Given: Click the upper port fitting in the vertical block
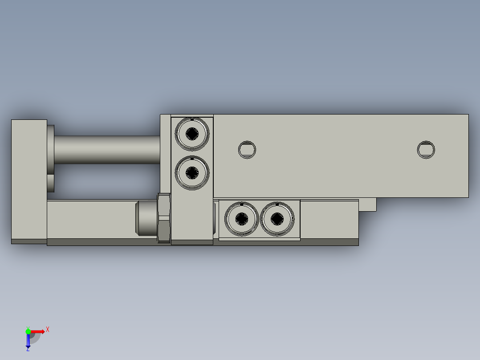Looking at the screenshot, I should [192, 133].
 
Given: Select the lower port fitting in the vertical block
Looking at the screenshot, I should [192, 172].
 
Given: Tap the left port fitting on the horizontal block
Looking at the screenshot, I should [241, 218].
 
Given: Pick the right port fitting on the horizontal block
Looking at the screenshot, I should [277, 218].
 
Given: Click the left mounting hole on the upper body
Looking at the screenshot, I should [247, 150].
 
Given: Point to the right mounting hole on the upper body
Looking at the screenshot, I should [426, 150].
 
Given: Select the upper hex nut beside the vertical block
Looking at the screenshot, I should [164, 205].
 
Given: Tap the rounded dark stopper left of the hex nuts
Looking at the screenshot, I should [146, 218].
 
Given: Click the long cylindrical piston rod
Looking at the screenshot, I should [107, 150].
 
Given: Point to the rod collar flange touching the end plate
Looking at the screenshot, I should [50, 149].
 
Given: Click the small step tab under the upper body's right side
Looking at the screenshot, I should [367, 205].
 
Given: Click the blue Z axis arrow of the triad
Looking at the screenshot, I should [28, 341].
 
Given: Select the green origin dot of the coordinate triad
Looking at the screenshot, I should [28, 331].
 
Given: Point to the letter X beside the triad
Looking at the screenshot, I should [48, 330].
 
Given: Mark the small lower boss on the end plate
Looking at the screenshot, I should [50, 183].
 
